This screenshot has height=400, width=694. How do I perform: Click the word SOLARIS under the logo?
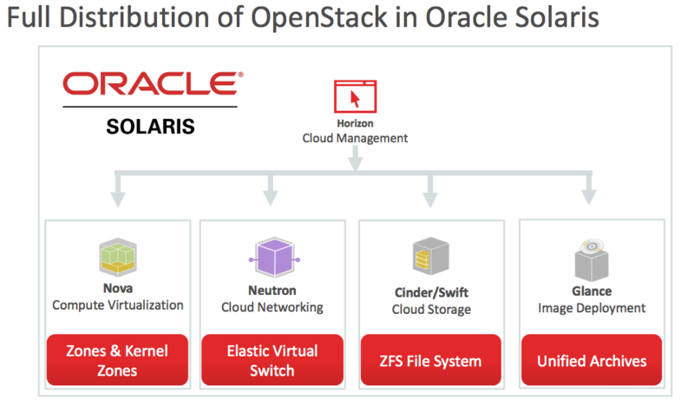pyautogui.click(x=150, y=126)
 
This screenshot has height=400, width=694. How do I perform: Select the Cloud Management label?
pyautogui.click(x=355, y=138)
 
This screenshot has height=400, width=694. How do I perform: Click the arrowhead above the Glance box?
pyautogui.click(x=589, y=198)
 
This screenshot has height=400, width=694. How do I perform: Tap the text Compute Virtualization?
pyautogui.click(x=118, y=305)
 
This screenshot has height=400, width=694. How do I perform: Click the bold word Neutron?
pyautogui.click(x=272, y=292)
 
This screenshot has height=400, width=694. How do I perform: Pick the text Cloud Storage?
pyautogui.click(x=431, y=309)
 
